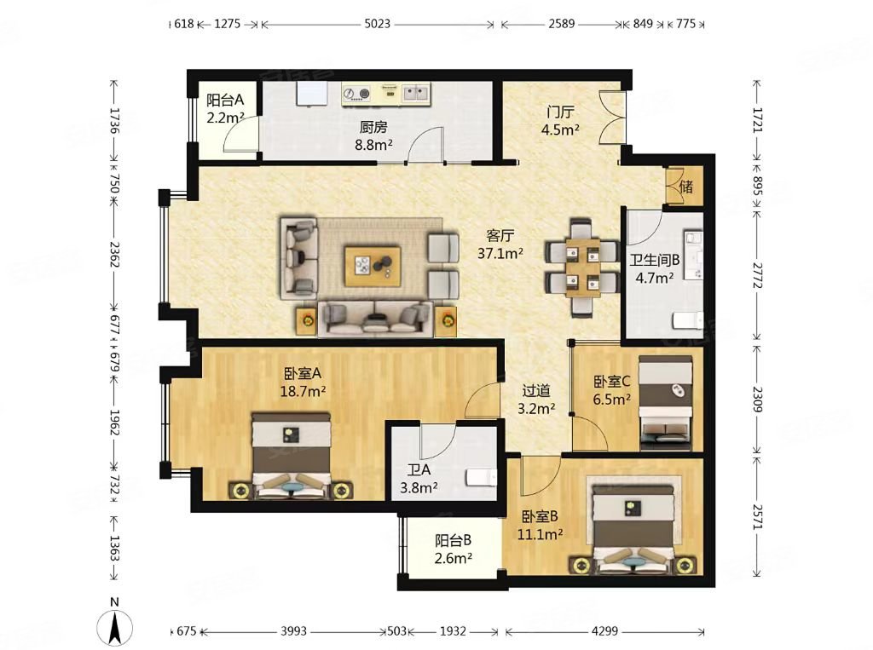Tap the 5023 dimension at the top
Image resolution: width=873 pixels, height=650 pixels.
(x=377, y=24)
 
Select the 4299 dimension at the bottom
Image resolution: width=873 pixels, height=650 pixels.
(x=604, y=631)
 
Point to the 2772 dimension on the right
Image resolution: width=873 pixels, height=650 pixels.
(x=757, y=275)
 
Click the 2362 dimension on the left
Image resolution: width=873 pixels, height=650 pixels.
(x=113, y=254)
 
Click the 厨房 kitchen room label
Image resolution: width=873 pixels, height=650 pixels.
(x=373, y=128)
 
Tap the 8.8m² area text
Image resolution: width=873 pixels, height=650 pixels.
(x=373, y=145)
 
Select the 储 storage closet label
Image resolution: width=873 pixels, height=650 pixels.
(x=686, y=186)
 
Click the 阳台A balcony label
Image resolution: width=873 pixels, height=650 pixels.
(x=225, y=101)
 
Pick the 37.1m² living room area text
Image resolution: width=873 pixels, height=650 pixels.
(x=500, y=254)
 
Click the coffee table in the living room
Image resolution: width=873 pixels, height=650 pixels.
(x=373, y=267)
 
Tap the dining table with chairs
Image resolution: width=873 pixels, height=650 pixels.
(x=582, y=267)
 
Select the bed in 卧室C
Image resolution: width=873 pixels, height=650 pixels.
(x=666, y=403)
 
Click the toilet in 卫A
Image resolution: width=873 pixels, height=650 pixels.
(x=481, y=477)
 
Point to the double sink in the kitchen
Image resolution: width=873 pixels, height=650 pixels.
(x=416, y=93)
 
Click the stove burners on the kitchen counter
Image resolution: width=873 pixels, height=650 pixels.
(x=357, y=94)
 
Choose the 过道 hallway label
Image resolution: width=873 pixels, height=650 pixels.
(x=536, y=391)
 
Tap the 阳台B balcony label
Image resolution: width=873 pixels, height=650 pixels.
(x=454, y=540)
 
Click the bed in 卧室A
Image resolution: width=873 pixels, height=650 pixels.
(x=292, y=455)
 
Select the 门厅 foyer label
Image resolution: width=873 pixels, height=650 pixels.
(x=560, y=112)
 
